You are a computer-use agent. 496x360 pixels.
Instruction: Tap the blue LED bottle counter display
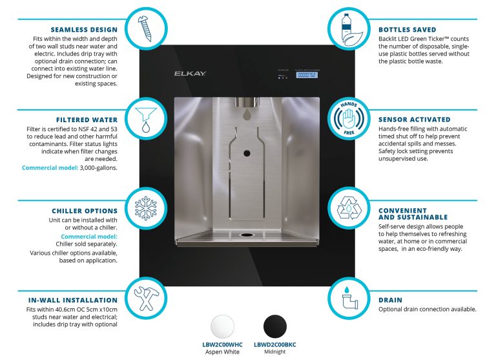coord(306,75)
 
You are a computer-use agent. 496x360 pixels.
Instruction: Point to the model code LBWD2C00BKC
coord(278,345)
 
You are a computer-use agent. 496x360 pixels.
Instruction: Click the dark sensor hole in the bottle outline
coord(247,153)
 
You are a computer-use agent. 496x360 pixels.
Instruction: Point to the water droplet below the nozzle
coord(247,115)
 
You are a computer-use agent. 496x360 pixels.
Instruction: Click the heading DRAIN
coord(390,300)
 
